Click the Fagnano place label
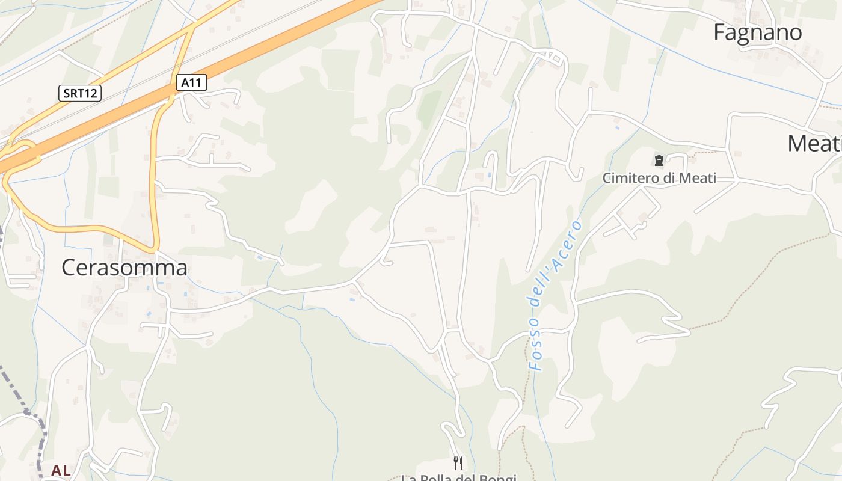[x=757, y=32]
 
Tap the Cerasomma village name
[x=124, y=268]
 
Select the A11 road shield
[x=191, y=83]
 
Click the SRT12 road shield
[x=80, y=93]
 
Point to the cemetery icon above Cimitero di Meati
[x=659, y=161]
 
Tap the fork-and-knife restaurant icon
[x=458, y=462]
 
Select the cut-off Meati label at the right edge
[x=815, y=144]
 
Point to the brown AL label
[x=61, y=470]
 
